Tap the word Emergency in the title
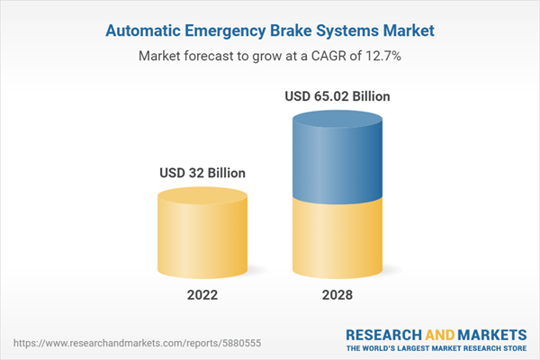coord(227,31)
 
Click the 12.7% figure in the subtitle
coord(382,56)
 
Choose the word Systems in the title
coord(352,31)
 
